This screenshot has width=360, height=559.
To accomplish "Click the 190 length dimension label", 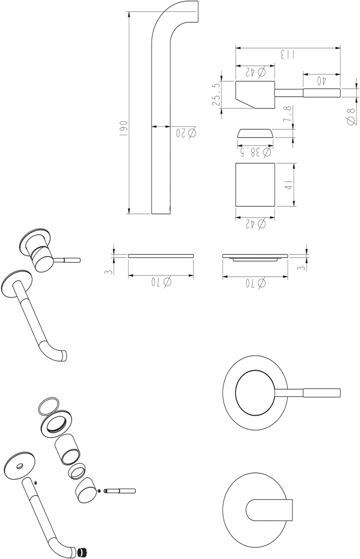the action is [x=124, y=129].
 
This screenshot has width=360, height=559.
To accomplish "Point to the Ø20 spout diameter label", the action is [x=186, y=132].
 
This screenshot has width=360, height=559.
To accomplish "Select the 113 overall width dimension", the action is [x=287, y=55].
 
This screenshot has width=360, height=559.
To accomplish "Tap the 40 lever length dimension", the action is [x=321, y=81].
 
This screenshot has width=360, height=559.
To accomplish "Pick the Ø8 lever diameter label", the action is [x=351, y=116].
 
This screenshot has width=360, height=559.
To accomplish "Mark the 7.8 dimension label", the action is [x=288, y=115].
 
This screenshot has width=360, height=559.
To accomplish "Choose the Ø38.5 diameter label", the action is [x=254, y=153].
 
